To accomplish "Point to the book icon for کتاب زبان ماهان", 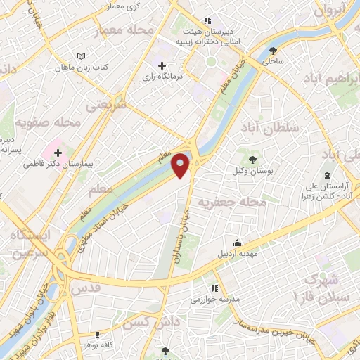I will [x=81, y=56].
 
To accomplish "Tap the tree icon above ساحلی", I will [x=273, y=49].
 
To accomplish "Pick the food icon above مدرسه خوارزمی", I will [x=214, y=288].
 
